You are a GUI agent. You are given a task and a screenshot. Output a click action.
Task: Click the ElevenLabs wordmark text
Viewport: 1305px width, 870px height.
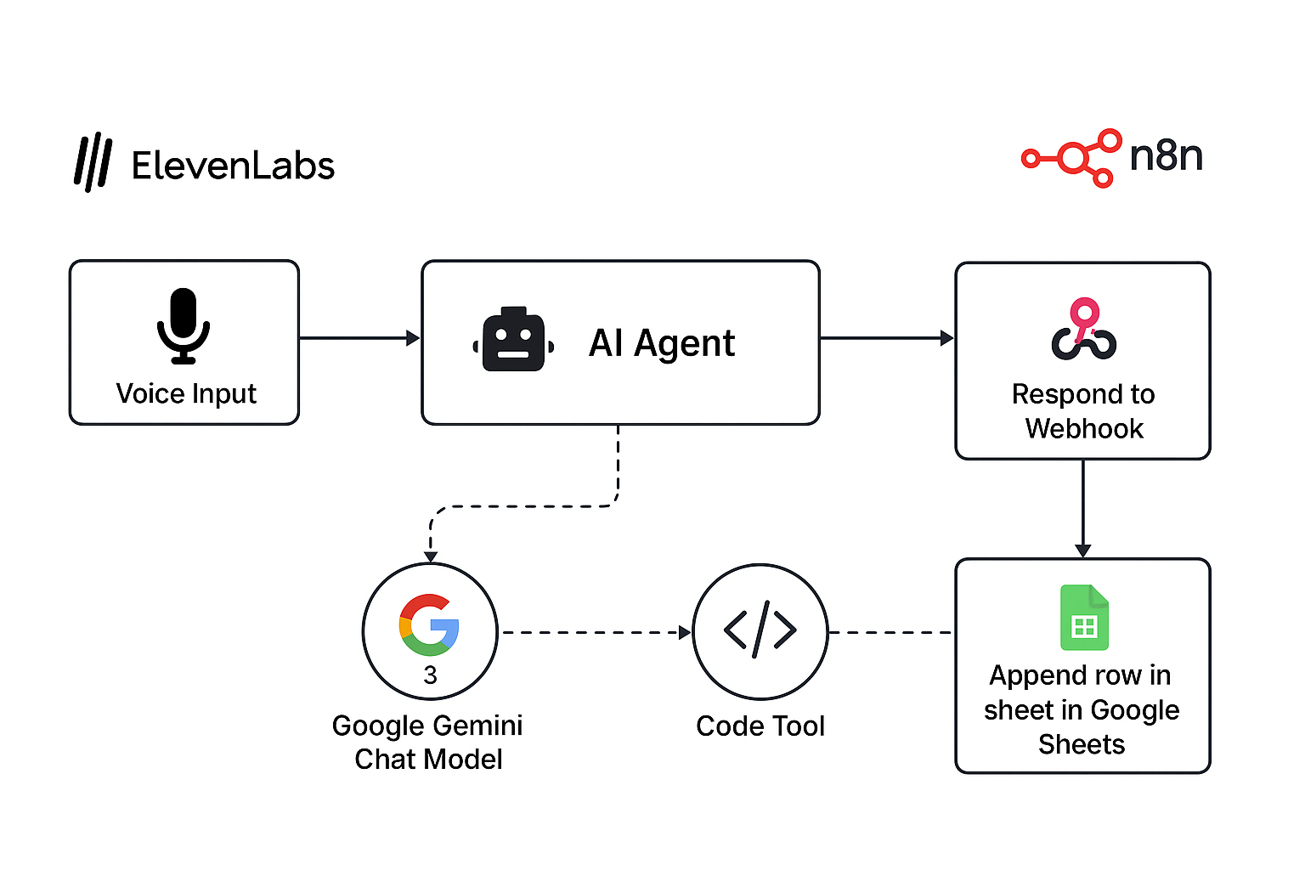233,165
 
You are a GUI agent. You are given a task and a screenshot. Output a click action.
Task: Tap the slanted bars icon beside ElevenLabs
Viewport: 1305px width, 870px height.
93,161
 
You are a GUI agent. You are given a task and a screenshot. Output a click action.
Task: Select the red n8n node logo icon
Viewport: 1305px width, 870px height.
1072,158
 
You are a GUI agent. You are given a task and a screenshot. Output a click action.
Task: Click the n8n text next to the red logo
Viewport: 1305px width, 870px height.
1166,155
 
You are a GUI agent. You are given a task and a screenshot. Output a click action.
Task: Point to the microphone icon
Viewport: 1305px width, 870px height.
184,326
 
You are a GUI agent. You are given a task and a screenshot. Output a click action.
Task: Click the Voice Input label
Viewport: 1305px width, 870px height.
186,393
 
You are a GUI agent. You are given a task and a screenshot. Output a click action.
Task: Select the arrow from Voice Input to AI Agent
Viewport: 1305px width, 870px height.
359,338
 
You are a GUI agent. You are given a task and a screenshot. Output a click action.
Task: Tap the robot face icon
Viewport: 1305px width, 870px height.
513,340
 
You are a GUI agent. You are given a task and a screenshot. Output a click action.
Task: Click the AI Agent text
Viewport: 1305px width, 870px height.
662,343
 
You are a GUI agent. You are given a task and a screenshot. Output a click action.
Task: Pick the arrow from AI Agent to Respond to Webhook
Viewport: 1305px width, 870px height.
886,338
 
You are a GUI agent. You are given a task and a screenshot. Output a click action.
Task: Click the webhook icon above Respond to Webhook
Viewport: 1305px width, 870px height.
1083,329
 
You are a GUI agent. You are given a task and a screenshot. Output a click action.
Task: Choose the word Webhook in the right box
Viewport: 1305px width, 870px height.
1084,428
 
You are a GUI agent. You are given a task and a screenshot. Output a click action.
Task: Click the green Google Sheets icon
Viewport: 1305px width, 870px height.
1084,618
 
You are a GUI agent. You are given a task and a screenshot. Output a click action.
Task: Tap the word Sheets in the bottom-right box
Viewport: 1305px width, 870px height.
1082,744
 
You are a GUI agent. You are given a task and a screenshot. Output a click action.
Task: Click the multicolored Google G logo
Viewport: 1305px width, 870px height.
429,624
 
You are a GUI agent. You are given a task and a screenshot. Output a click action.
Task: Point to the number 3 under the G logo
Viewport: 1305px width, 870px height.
430,675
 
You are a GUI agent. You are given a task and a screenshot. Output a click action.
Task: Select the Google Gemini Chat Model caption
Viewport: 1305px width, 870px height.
427,742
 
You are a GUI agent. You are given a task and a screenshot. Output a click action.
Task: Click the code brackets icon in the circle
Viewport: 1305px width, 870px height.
760,630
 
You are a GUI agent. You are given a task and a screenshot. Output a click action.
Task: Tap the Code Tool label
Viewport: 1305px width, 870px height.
760,726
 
